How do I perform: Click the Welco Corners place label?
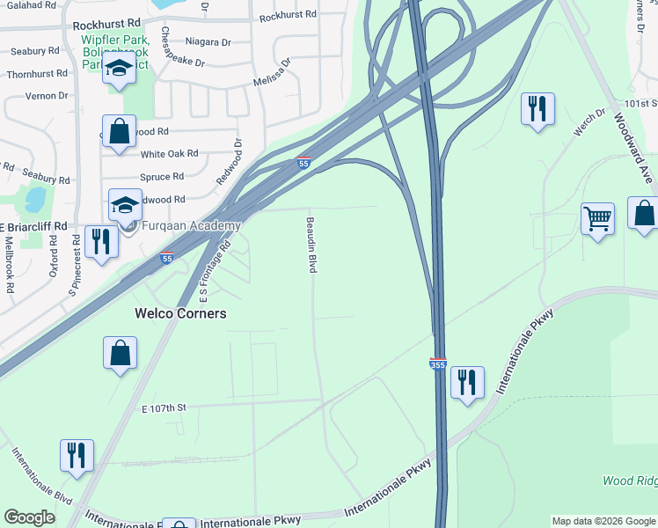(179, 313)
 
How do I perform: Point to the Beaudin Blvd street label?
(311, 245)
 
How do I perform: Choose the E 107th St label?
(164, 408)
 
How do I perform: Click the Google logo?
(29, 517)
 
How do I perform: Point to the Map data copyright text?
(603, 521)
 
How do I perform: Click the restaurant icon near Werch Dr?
(537, 109)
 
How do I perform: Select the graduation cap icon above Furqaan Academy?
(125, 205)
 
